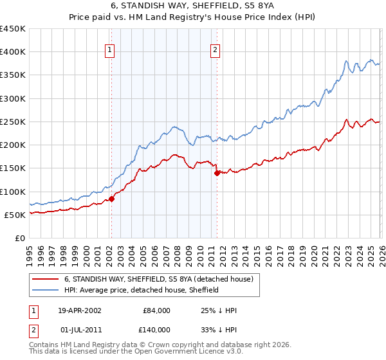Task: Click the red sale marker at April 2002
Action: [112, 199]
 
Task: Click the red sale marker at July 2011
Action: [217, 173]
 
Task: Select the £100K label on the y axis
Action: [13, 192]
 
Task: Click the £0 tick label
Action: [19, 238]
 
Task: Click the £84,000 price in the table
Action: [154, 310]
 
